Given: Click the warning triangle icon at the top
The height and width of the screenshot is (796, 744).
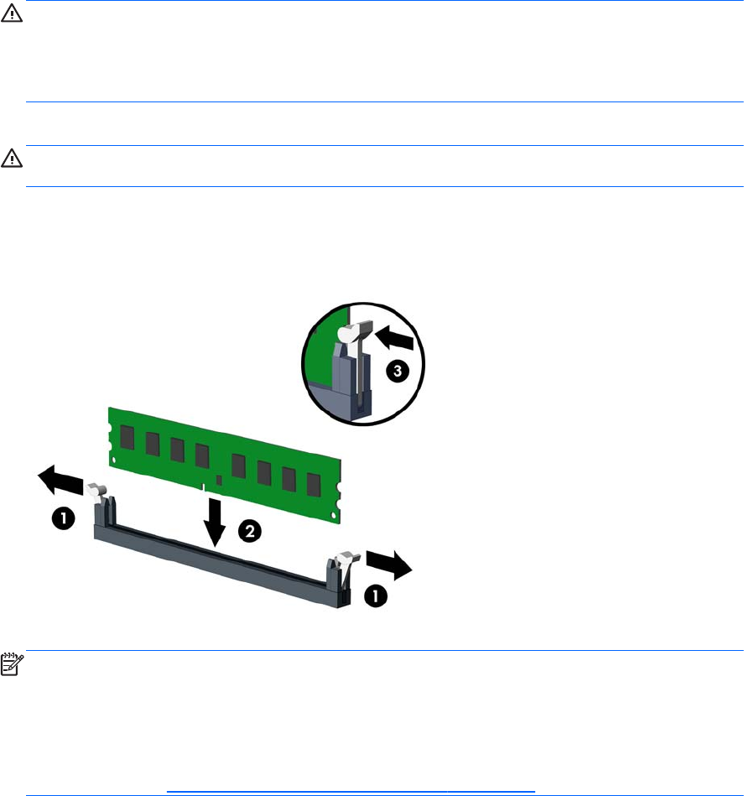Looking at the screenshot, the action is click(x=11, y=13).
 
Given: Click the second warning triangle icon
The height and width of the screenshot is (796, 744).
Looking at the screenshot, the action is click(x=11, y=159).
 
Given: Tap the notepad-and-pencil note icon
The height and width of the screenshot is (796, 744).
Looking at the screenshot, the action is click(x=12, y=664).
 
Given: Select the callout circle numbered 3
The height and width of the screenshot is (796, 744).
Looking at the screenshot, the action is click(x=398, y=371).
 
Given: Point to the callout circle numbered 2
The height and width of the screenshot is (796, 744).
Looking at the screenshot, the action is click(x=250, y=532).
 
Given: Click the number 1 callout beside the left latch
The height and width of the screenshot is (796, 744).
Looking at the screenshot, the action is click(x=64, y=518).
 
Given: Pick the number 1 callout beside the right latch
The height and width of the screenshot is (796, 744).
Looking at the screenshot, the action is click(x=376, y=596).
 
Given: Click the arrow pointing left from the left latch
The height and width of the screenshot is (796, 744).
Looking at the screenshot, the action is click(x=60, y=481).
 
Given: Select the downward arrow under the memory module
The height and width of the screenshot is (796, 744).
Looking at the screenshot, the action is click(x=216, y=522).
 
